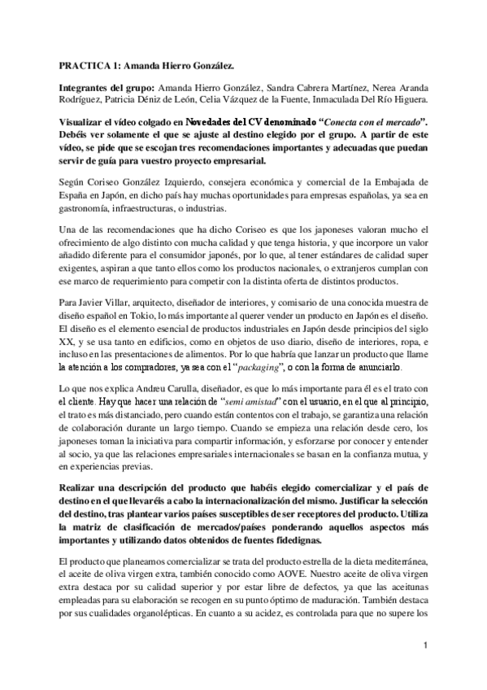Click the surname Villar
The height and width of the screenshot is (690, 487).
click(128, 302)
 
